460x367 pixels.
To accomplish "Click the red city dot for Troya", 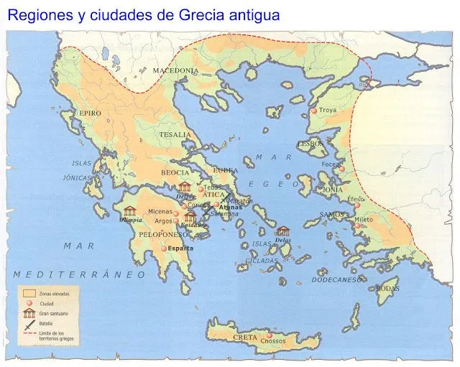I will (313, 111).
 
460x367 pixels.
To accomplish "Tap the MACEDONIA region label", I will (175, 70).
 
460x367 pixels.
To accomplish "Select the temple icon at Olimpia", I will (130, 210).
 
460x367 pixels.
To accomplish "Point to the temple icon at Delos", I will (282, 231).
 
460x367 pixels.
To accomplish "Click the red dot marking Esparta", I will (164, 248).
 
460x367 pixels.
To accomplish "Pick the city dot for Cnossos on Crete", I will (270, 335).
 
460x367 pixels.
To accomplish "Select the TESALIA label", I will (175, 134).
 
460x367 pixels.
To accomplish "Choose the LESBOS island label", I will (310, 144).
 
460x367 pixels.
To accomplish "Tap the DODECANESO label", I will (336, 279).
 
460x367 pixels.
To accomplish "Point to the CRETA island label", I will (244, 337).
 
